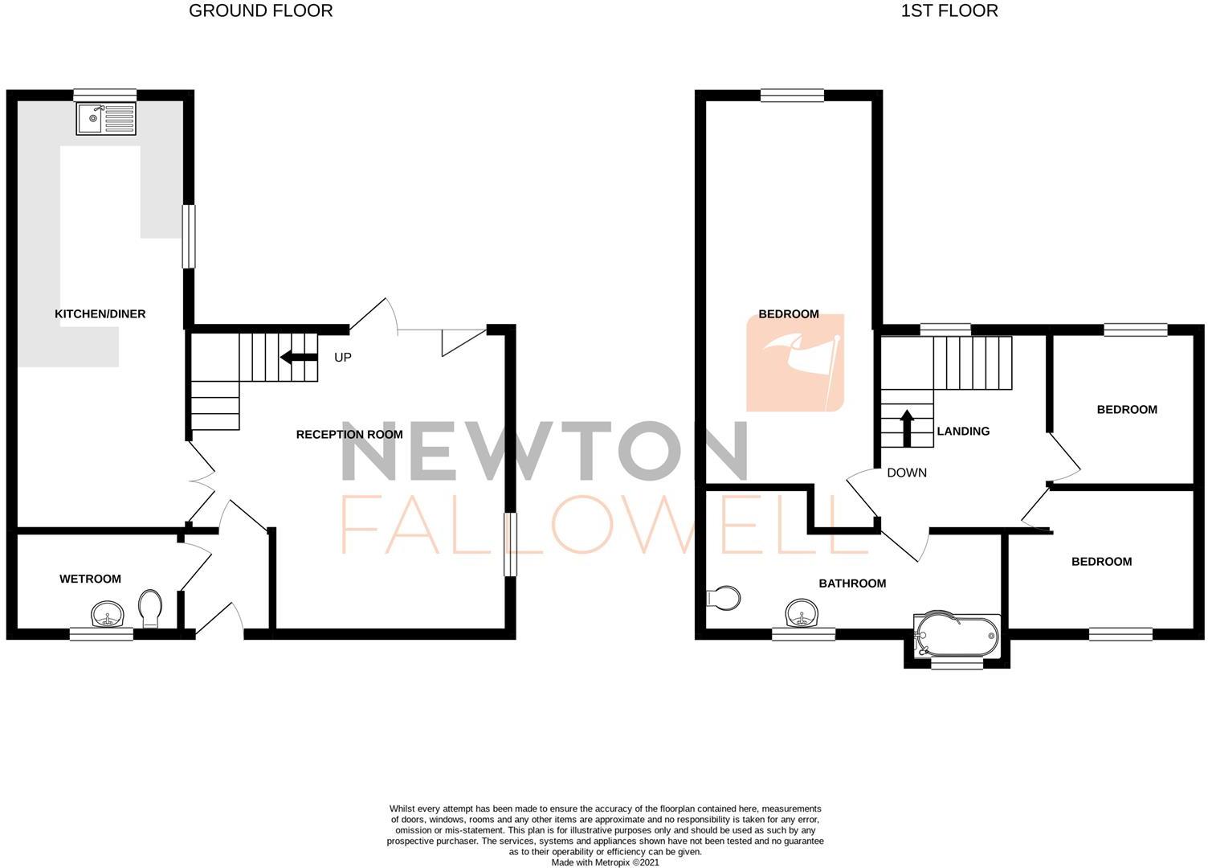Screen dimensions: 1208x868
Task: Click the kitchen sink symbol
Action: click(x=106, y=119)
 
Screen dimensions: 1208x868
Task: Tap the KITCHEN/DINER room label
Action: click(x=100, y=314)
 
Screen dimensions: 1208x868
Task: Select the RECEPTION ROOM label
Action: click(x=349, y=434)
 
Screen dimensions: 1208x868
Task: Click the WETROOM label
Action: click(x=90, y=579)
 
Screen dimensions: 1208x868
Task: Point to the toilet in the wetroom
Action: click(x=150, y=608)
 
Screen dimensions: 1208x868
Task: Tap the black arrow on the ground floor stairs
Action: click(x=299, y=357)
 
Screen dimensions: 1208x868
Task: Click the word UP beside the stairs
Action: click(x=343, y=357)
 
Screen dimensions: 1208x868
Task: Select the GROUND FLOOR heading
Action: click(x=260, y=10)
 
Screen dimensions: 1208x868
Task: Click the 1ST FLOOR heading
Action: click(x=949, y=10)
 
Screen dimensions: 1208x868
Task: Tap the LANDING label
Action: click(x=963, y=431)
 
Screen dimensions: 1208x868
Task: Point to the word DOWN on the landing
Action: click(x=907, y=473)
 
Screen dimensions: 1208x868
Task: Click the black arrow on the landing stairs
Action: click(x=907, y=428)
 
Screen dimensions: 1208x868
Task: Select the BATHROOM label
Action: click(x=853, y=583)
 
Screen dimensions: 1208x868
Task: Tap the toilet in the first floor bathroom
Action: click(x=724, y=598)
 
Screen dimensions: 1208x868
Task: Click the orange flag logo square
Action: click(x=795, y=362)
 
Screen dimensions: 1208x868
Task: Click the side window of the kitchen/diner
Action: click(x=188, y=235)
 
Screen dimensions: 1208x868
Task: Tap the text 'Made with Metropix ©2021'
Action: click(x=605, y=862)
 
